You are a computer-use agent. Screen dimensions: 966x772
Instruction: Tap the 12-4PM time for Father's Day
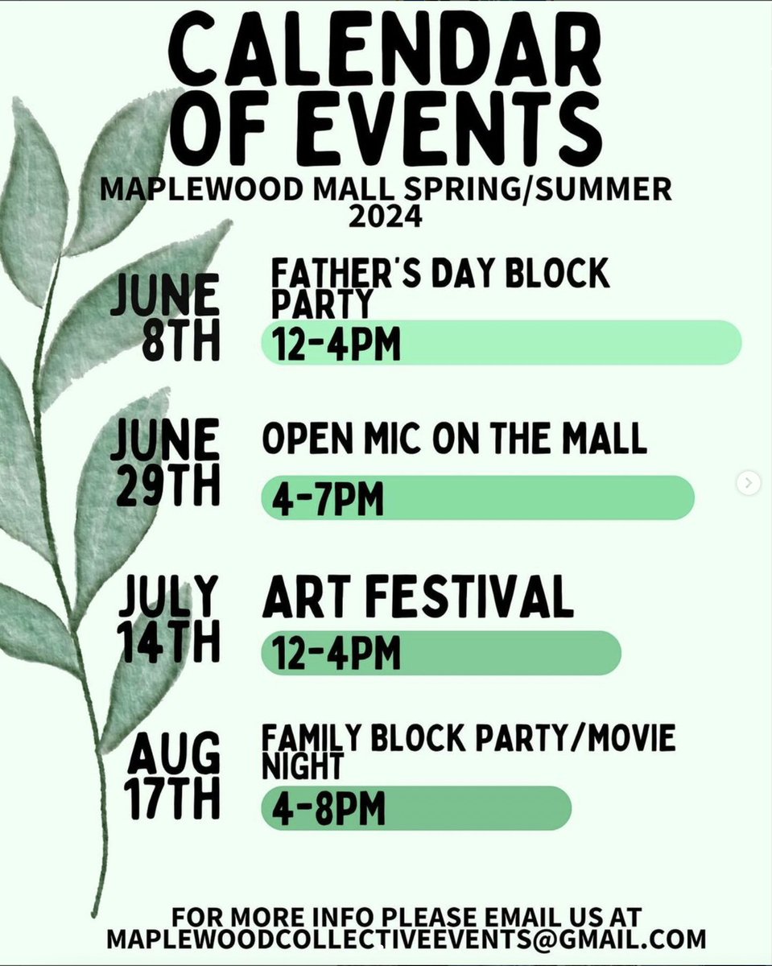[336, 345]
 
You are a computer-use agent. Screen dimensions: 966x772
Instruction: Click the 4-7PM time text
[327, 499]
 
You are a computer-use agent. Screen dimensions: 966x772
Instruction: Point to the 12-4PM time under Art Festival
[336, 653]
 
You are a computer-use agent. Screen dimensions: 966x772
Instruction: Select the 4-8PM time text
[327, 809]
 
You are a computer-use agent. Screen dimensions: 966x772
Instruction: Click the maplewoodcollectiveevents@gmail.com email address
[407, 939]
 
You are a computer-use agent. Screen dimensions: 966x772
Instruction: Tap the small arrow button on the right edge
[749, 483]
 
